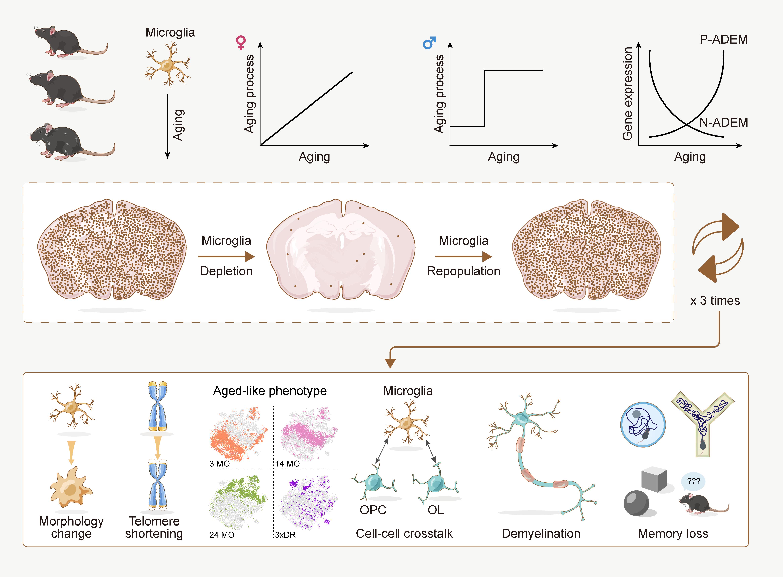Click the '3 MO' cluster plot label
pos(219,463)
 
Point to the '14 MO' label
pos(288,463)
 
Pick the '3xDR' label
pos(285,535)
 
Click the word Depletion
pos(226,271)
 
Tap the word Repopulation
pos(463,271)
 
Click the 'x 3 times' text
pos(715,301)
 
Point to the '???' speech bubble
pos(693,481)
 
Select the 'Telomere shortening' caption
pos(154,527)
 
